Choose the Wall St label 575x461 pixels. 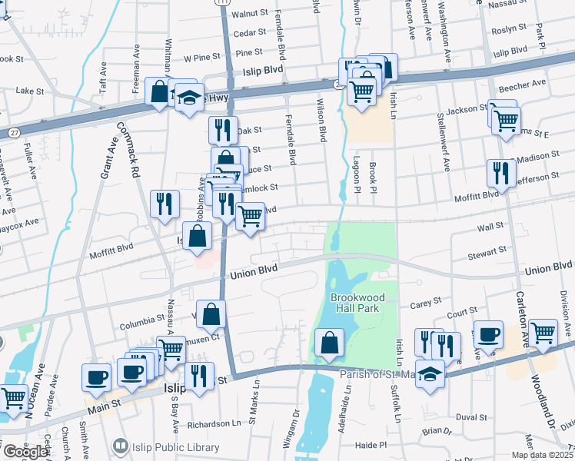click(490, 227)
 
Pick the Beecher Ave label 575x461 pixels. click(521, 83)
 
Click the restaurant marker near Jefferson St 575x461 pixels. click(500, 174)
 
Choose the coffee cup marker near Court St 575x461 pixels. click(489, 334)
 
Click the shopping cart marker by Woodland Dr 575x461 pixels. click(543, 333)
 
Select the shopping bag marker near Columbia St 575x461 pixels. click(212, 314)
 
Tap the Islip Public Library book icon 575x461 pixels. click(120, 445)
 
